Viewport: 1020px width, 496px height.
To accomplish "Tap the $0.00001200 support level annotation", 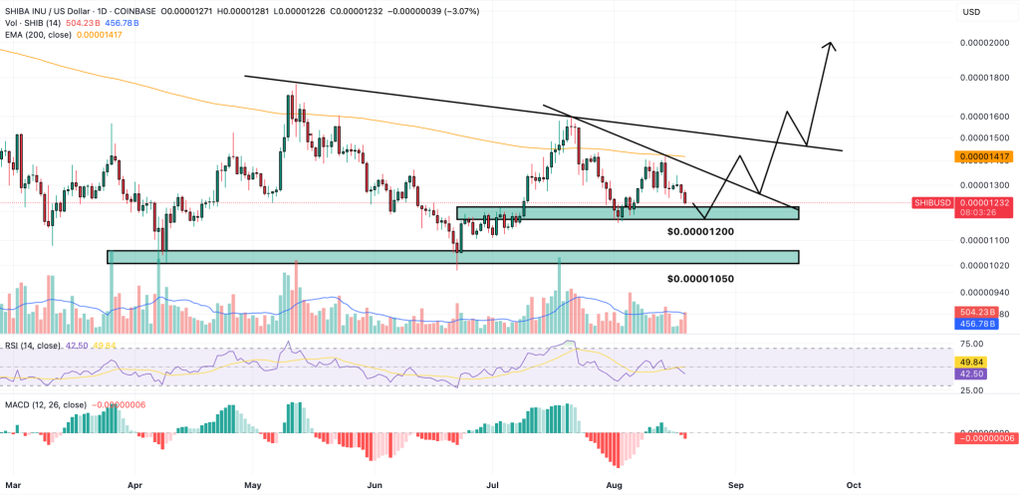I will [700, 231].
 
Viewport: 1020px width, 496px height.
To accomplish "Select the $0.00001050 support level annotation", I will [700, 279].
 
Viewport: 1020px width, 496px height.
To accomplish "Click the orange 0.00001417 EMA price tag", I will [984, 156].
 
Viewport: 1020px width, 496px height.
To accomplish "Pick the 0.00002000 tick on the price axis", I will [984, 44].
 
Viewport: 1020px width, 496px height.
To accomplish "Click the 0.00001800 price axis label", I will [984, 78].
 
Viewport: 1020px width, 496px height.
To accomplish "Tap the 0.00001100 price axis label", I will [984, 240].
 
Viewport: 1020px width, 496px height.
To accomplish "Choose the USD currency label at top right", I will [971, 12].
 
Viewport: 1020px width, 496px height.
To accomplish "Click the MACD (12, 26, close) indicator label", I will [44, 405].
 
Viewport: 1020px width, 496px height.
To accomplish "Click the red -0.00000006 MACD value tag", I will [984, 438].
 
